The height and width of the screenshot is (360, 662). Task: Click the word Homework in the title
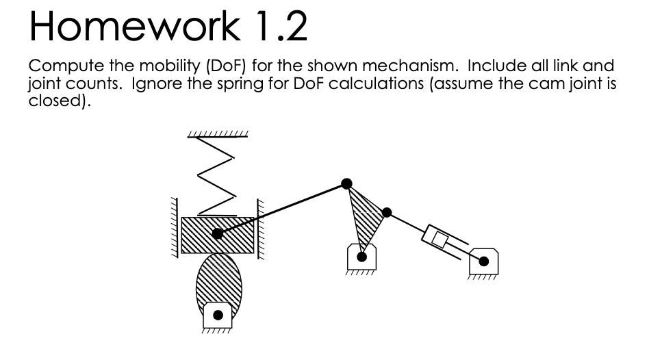coord(133,27)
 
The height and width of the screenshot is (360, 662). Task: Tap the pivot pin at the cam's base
coord(218,316)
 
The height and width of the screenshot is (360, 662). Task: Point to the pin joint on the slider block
coord(217,234)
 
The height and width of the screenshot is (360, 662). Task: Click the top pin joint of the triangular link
coord(347,183)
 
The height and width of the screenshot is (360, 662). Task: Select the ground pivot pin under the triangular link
coord(362,257)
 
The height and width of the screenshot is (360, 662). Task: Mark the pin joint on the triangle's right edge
coord(387,212)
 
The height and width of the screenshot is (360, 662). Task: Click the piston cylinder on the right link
coord(438,237)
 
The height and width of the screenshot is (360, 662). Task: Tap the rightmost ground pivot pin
coord(484,261)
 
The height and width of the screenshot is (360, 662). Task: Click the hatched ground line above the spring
coord(218,133)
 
